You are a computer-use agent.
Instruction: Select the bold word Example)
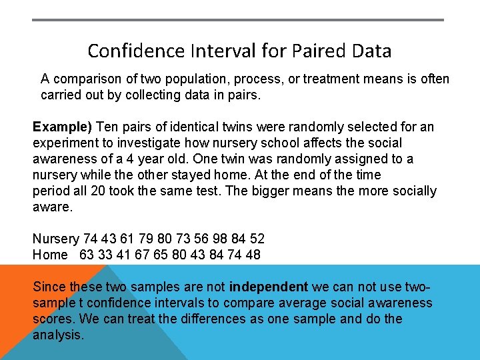click(63, 127)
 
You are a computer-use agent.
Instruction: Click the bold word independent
click(268, 287)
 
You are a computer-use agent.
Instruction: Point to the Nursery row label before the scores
click(55, 239)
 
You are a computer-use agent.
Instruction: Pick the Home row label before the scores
click(50, 255)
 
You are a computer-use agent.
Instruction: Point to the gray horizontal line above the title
click(238, 20)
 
